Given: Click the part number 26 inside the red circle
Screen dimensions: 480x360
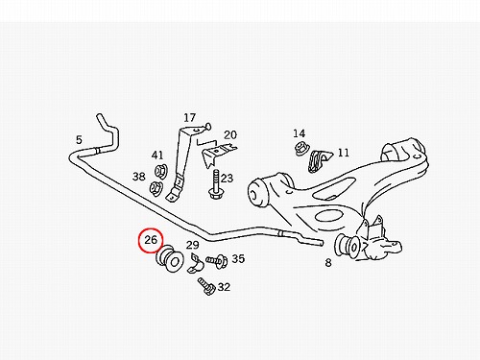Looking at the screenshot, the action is click(151, 240).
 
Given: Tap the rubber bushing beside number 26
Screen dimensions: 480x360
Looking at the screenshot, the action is click(170, 258).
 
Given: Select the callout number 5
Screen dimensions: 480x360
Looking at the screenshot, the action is click(79, 140).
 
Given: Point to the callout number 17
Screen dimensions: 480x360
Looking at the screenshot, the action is click(189, 118).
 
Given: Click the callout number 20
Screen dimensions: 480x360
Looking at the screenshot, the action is click(230, 135).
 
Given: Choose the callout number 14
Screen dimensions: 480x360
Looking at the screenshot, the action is click(300, 133).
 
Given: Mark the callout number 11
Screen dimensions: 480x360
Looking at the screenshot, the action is click(344, 153).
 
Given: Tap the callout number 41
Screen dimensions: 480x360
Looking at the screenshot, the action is click(157, 156).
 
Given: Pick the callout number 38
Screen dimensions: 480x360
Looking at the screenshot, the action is click(139, 177).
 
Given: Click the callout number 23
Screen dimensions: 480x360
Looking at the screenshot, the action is click(227, 178).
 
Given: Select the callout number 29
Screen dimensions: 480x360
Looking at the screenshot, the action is click(193, 245).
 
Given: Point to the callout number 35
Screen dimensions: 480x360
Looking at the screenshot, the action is click(238, 258).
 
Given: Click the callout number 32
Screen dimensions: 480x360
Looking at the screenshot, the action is click(224, 287).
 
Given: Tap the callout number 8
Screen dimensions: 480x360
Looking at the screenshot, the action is click(328, 263).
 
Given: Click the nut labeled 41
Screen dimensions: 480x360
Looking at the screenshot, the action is click(159, 171).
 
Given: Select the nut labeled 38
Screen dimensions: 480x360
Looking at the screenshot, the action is click(156, 188).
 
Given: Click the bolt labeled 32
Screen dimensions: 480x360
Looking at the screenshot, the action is click(206, 286).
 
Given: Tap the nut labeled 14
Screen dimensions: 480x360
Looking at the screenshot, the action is click(301, 148).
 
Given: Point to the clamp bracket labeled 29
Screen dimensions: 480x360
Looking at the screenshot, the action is click(196, 264).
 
